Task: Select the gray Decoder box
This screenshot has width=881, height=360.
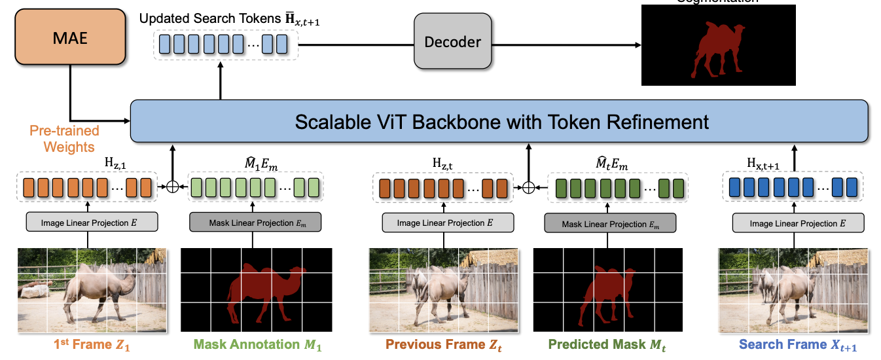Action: pyautogui.click(x=453, y=43)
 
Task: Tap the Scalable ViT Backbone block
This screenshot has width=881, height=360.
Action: pyautogui.click(x=501, y=122)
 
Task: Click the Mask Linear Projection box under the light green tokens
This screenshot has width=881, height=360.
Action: pyautogui.click(x=256, y=223)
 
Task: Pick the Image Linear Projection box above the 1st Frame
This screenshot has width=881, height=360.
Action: pyautogui.click(x=92, y=223)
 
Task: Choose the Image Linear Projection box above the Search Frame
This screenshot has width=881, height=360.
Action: pyautogui.click(x=798, y=223)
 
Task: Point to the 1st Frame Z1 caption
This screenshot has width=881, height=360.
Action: pyautogui.click(x=91, y=344)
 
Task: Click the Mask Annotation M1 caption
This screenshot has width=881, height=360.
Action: pyautogui.click(x=256, y=344)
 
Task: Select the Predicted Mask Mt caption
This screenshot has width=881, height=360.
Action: pyautogui.click(x=605, y=344)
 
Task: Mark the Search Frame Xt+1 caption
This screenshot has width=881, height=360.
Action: pyautogui.click(x=798, y=344)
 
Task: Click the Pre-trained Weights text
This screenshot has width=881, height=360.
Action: pyautogui.click(x=64, y=138)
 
